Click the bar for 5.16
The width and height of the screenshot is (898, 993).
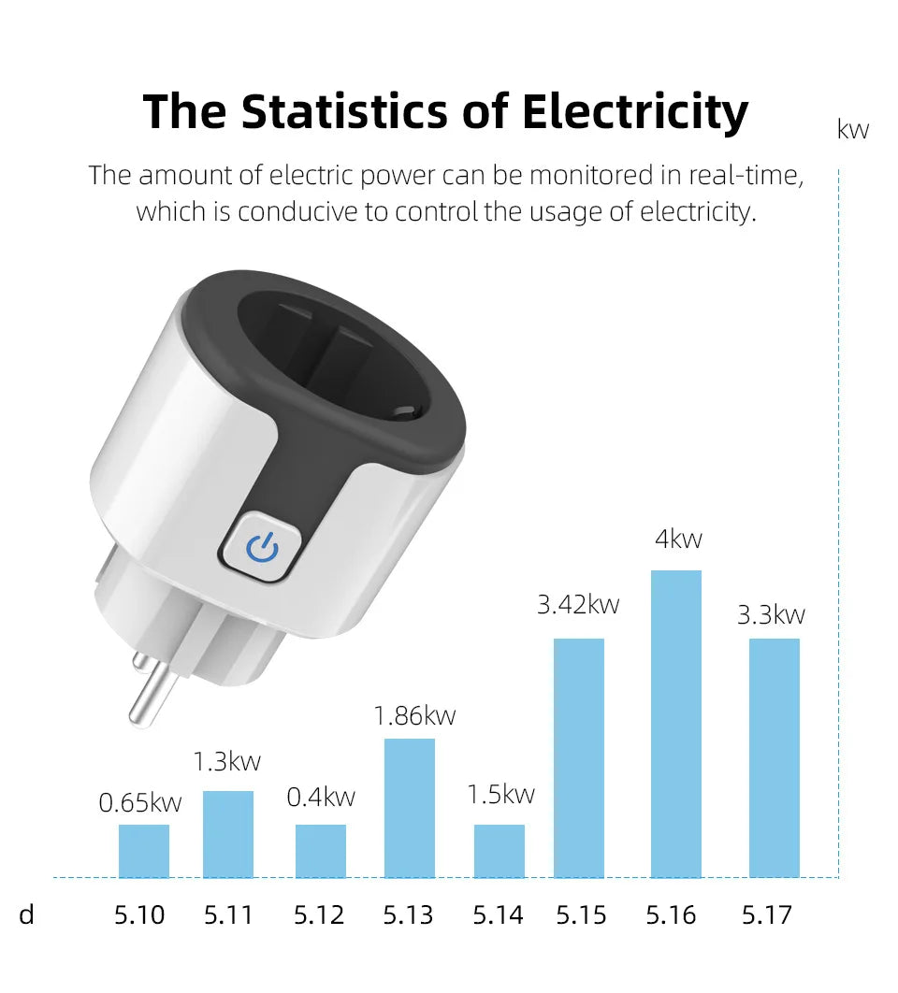pos(675,724)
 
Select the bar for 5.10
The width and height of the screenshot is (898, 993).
pos(144,851)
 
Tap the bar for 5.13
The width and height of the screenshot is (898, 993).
pos(410,808)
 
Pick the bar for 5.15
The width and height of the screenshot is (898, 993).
pos(579,757)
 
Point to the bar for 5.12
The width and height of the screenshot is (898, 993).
pos(321,851)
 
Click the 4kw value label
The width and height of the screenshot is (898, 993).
pos(678,540)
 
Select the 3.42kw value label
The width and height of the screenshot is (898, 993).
pos(578,605)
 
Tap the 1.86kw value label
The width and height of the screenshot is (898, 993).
pos(414,716)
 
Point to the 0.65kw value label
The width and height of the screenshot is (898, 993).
pos(140,802)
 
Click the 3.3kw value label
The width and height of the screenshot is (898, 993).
pos(771,615)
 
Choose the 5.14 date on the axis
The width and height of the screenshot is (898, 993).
pos(498,914)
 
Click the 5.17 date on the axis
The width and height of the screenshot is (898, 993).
pos(767,914)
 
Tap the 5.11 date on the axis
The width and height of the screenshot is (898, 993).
pos(228,914)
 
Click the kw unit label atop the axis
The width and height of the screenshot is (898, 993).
pos(853,130)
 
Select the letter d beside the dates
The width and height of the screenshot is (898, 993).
pos(26,914)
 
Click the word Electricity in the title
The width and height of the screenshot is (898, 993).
pos(635,112)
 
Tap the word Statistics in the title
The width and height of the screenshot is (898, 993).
pos(345,112)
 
